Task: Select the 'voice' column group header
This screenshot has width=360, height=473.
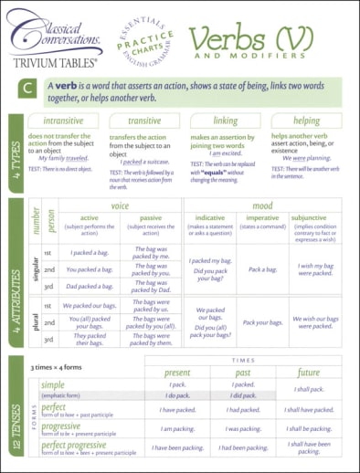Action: click(120, 206)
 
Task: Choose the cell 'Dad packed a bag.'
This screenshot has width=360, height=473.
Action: click(90, 285)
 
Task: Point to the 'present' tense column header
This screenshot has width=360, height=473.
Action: click(177, 373)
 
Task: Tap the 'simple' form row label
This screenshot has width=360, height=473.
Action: click(53, 385)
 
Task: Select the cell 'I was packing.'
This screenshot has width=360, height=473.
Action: click(243, 428)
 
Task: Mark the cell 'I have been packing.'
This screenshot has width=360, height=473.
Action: click(177, 447)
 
